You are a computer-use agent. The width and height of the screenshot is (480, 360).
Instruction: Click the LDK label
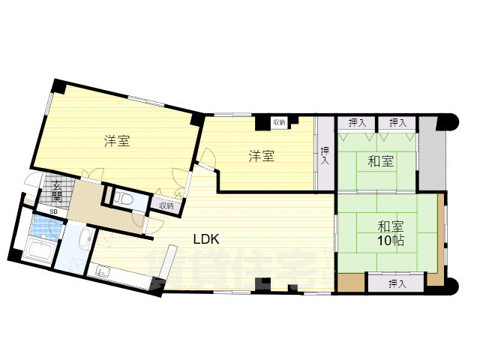click(x=205, y=240)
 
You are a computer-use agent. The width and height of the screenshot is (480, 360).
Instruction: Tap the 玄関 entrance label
click(x=57, y=192)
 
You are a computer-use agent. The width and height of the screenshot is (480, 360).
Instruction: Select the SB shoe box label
click(x=52, y=211)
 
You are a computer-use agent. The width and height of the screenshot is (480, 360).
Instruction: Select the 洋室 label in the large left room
click(x=117, y=140)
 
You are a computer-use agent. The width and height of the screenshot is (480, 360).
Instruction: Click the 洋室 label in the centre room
click(x=261, y=156)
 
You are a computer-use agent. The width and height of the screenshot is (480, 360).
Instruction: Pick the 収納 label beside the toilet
click(x=166, y=205)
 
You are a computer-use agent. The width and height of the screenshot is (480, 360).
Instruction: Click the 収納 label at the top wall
click(x=279, y=121)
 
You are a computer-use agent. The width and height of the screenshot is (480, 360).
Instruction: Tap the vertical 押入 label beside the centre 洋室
click(x=325, y=155)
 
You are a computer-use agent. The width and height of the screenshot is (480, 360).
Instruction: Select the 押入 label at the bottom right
click(x=397, y=283)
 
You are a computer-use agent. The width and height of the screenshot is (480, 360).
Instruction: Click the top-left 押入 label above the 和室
click(x=357, y=122)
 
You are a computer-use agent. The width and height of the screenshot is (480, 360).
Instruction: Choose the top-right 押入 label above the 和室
click(x=397, y=122)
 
